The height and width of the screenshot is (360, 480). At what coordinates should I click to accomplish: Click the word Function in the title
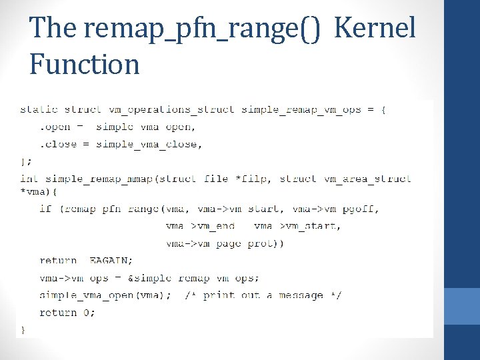coord(85,65)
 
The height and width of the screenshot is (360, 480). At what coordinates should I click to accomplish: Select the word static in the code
coord(39,109)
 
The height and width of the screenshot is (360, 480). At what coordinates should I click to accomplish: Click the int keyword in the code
coord(29,179)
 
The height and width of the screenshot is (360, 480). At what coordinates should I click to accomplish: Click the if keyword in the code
coord(45,209)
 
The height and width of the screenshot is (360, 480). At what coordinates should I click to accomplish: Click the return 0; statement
coord(67,312)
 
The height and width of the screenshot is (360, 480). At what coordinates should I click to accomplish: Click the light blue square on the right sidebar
coord(461,306)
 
